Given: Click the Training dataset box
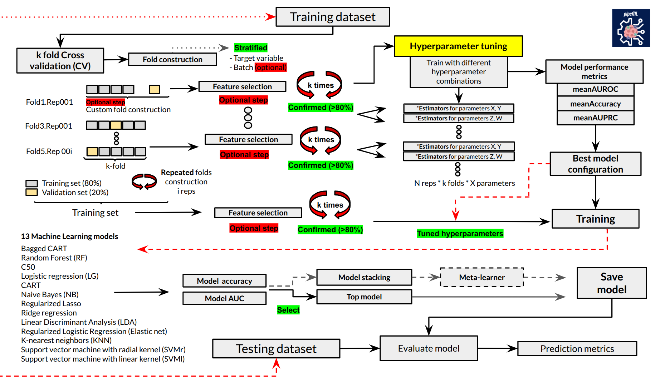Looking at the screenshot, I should coord(333,17).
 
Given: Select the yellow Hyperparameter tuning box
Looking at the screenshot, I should coord(458,46).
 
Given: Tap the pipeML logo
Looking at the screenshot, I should coord(631,28).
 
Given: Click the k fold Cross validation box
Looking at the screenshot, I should coord(60,60).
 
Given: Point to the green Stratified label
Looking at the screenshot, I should coord(251,48).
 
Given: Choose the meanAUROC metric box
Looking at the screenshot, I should coord(595,89).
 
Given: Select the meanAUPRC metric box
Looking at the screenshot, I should coord(595,118).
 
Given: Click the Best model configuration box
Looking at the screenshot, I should coord(595,164).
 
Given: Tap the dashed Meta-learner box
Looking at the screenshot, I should coord(482,277).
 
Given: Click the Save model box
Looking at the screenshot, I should coord(612,283).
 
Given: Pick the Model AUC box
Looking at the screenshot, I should coord(224,298).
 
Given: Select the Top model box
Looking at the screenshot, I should coord(364,297).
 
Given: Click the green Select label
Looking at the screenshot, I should coord(288,310).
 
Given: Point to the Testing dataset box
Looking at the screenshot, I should coord(276,348).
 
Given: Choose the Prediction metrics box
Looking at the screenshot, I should coord(577,348).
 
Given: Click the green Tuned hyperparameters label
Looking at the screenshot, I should coord(460,233).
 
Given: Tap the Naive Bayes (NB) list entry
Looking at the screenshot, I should coord(50,294).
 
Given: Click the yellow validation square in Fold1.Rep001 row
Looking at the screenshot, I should coord(155,89).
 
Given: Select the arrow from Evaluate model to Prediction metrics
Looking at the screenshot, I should coord(497,348).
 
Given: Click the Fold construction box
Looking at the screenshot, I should coord(172,59).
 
